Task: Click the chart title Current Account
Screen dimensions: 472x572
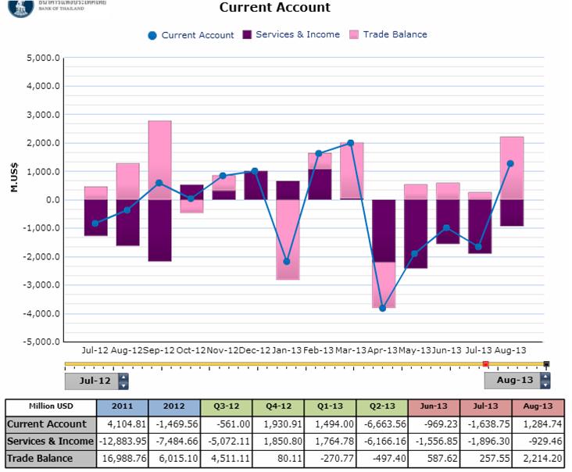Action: pyautogui.click(x=274, y=8)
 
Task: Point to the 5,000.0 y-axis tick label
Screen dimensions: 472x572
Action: pyautogui.click(x=44, y=58)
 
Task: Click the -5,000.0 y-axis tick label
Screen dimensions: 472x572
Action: pyautogui.click(x=42, y=341)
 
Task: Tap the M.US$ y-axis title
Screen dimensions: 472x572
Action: pyautogui.click(x=15, y=199)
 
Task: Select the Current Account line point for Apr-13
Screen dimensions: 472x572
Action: pyautogui.click(x=383, y=308)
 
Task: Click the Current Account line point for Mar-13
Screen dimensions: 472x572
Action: pyautogui.click(x=351, y=143)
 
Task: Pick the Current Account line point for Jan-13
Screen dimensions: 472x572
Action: pyautogui.click(x=287, y=261)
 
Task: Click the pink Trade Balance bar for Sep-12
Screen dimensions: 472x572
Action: pyautogui.click(x=159, y=159)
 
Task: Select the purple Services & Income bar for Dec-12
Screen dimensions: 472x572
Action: pyautogui.click(x=256, y=185)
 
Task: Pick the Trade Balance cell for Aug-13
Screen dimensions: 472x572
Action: pyautogui.click(x=538, y=458)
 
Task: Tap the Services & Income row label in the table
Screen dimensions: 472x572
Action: pyautogui.click(x=51, y=441)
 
